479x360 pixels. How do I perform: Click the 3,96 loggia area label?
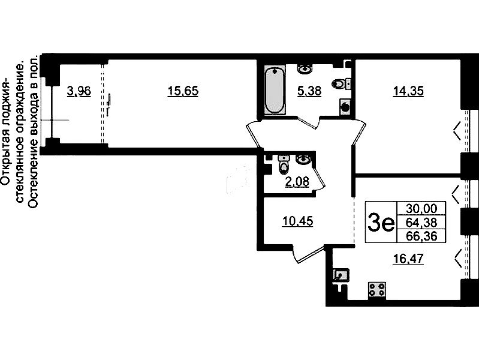(x=79, y=91)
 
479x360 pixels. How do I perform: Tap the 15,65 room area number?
(x=183, y=91)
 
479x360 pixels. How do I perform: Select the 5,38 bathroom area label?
(x=309, y=91)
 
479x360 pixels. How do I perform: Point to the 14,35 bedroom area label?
(x=408, y=91)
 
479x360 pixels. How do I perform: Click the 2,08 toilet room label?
(x=297, y=182)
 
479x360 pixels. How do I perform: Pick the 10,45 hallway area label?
(x=298, y=221)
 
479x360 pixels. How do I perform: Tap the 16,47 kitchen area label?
(x=408, y=259)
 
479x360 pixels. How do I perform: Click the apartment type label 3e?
(x=381, y=223)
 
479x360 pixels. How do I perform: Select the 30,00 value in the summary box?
(x=421, y=209)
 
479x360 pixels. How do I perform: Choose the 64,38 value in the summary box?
(x=421, y=223)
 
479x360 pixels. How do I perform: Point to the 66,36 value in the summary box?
(x=421, y=236)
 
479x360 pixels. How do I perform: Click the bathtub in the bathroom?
(x=275, y=90)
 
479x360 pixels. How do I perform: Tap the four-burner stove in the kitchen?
(x=377, y=289)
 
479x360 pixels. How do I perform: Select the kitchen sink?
(x=342, y=275)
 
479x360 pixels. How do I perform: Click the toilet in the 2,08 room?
(x=284, y=164)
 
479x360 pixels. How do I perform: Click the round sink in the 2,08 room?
(x=303, y=159)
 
